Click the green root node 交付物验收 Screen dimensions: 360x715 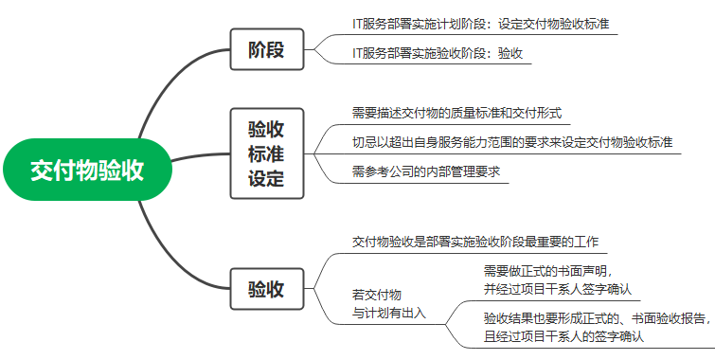[86, 171]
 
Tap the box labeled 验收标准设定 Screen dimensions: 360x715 [266, 153]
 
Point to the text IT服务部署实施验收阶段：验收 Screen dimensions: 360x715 [437, 54]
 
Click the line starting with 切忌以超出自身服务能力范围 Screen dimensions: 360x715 [511, 142]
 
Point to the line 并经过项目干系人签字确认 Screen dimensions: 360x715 [557, 289]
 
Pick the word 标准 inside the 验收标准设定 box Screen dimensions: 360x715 [266, 153]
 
